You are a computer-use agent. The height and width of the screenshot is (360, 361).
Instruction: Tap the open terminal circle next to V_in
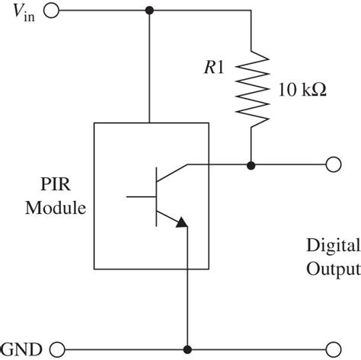52,11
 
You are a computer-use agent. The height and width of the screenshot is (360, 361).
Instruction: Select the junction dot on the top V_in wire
149,11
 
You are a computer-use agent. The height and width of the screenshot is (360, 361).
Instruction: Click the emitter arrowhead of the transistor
180,222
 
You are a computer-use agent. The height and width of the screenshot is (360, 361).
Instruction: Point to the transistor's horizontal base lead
141,196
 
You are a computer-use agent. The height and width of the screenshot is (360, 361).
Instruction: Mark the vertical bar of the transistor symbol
156,196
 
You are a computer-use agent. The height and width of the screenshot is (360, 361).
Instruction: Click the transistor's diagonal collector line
171,174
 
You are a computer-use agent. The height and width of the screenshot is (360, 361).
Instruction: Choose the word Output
331,268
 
